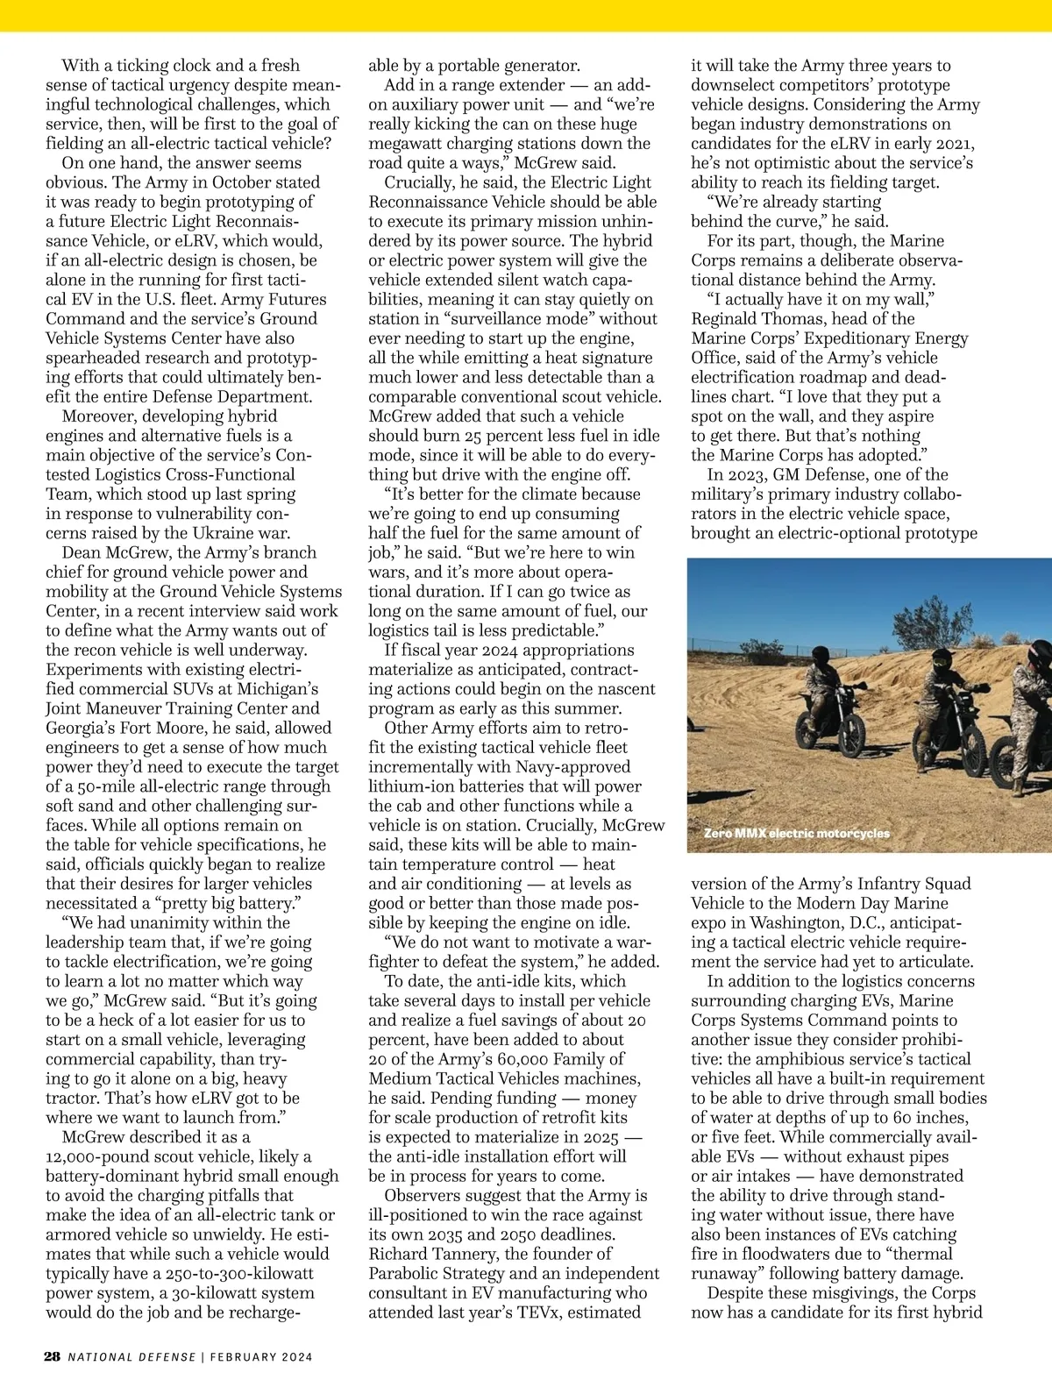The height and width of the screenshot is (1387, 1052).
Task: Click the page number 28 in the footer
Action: [53, 1356]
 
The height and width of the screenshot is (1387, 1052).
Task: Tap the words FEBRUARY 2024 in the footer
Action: [261, 1357]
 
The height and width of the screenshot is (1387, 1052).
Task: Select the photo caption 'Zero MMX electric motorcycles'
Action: [796, 833]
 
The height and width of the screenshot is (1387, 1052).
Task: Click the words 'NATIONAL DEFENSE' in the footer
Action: [132, 1357]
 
